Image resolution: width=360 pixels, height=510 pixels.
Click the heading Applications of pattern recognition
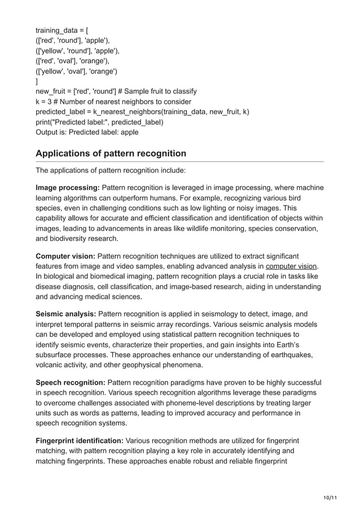pyautogui.click(x=111, y=153)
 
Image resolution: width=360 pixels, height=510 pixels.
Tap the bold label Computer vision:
pyautogui.click(x=65, y=256)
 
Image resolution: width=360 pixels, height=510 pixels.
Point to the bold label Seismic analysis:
pyautogui.click(x=65, y=313)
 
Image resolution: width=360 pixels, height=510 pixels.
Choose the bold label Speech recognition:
pyautogui.click(x=70, y=382)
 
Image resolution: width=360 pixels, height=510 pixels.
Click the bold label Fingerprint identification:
pyautogui.click(x=80, y=440)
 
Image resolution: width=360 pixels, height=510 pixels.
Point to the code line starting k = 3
pyautogui.click(x=113, y=102)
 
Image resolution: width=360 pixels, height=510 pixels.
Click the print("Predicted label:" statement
pyautogui.click(x=99, y=122)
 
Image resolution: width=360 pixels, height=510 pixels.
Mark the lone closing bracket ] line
pyautogui.click(x=37, y=81)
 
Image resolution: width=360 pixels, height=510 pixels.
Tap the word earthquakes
pyautogui.click(x=293, y=354)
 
